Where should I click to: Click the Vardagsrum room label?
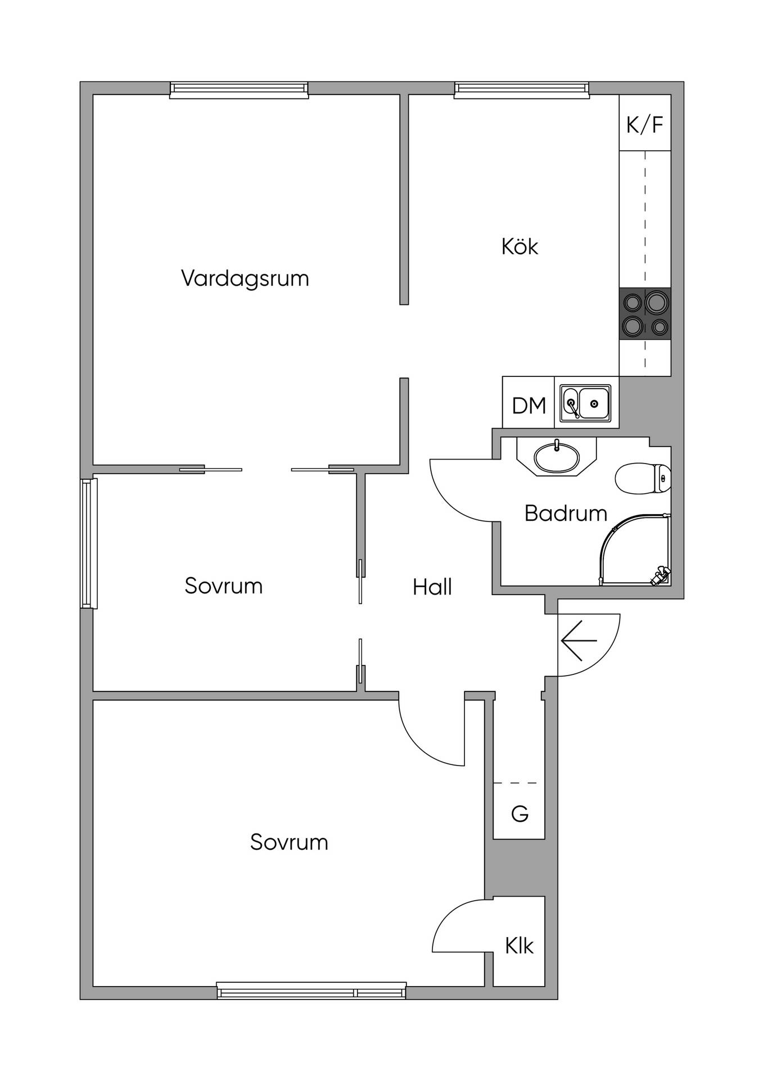click(245, 279)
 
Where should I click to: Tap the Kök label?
click(520, 246)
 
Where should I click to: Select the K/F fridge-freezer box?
click(645, 123)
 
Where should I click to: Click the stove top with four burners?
click(645, 313)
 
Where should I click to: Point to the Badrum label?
click(566, 514)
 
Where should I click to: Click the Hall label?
click(432, 587)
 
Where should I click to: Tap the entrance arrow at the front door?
click(579, 641)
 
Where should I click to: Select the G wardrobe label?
click(520, 814)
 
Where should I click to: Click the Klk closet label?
click(519, 946)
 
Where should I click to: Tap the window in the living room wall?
click(239, 89)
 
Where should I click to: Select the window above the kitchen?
click(522, 89)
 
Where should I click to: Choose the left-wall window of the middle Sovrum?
click(89, 543)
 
